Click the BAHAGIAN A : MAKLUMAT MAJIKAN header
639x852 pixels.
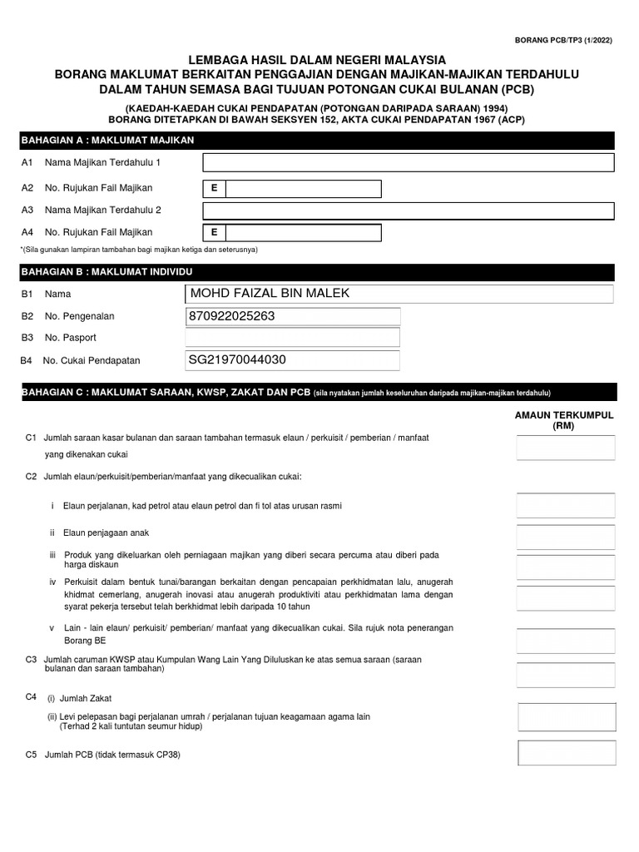[x=107, y=140]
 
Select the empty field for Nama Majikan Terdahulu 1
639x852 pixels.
[x=409, y=162]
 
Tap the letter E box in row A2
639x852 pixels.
[x=214, y=188]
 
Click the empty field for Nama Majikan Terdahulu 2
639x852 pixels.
[x=409, y=211]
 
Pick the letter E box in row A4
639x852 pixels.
[x=214, y=232]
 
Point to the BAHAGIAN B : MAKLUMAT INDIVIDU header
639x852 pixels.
[x=105, y=272]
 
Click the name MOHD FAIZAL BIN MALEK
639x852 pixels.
[x=270, y=294]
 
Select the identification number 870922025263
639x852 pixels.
[x=232, y=316]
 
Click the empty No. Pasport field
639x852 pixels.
[x=292, y=338]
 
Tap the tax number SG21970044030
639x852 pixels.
[x=238, y=359]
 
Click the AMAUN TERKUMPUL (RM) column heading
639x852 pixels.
[x=564, y=420]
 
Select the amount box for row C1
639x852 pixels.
[x=566, y=448]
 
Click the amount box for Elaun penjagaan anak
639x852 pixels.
[x=566, y=537]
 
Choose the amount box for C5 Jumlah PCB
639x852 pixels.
[x=567, y=752]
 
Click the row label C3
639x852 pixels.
[x=32, y=659]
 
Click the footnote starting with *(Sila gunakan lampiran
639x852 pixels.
[x=139, y=250]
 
